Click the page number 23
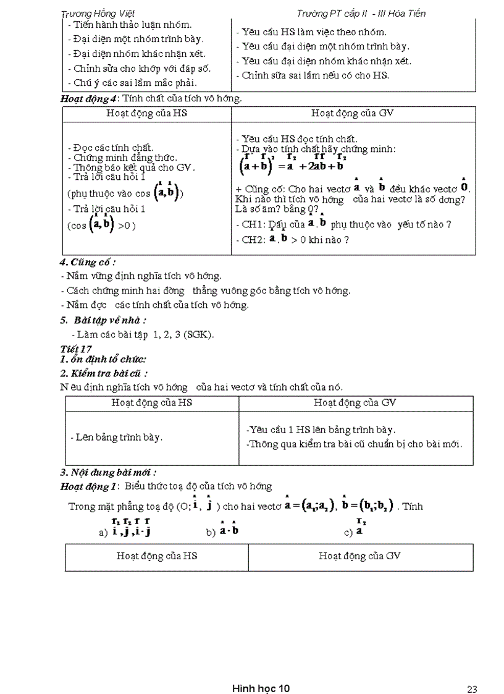pos(472,672)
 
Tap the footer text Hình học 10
pos(261,671)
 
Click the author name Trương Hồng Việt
pos(98,13)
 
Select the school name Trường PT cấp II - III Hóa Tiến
pos(361,13)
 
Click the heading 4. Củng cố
pos(88,261)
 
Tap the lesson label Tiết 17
pos(76,349)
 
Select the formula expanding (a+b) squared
pos(292,165)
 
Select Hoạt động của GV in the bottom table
pos(359,556)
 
